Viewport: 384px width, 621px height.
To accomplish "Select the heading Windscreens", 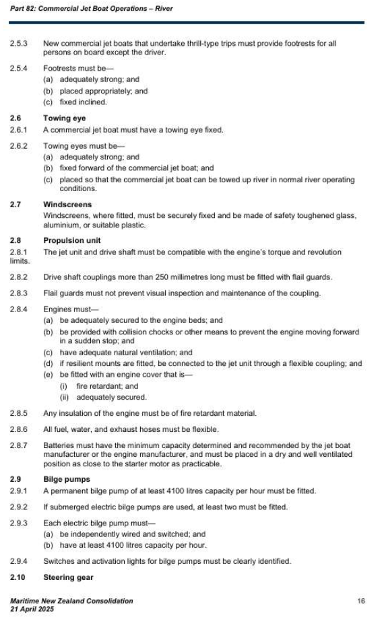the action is coord(67,205).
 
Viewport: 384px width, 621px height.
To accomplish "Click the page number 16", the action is coord(361,599).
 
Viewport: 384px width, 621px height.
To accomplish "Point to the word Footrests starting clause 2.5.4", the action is coord(60,69).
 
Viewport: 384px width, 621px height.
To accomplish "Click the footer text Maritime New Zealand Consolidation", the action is coord(71,599).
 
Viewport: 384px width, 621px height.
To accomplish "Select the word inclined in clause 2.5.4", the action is coord(93,102).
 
